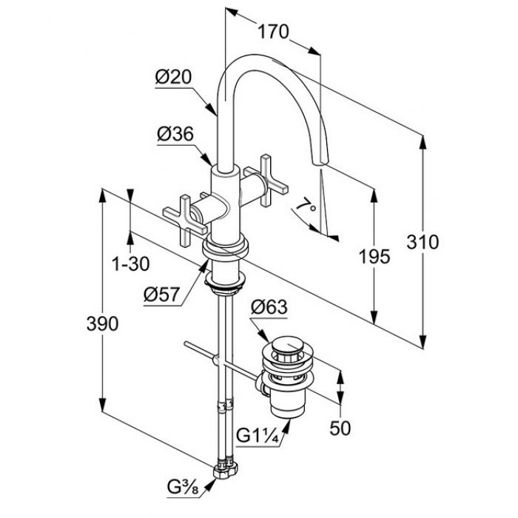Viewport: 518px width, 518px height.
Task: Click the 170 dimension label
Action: coord(273,32)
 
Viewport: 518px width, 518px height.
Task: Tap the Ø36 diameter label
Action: coord(175,134)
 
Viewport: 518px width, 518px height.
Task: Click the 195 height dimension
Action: coord(374,257)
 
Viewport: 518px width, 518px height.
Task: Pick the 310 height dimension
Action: coord(423,242)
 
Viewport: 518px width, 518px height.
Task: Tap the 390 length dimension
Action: coord(102,323)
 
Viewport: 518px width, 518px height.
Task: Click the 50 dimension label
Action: coord(341,428)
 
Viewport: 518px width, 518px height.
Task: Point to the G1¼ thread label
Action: coord(256,434)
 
